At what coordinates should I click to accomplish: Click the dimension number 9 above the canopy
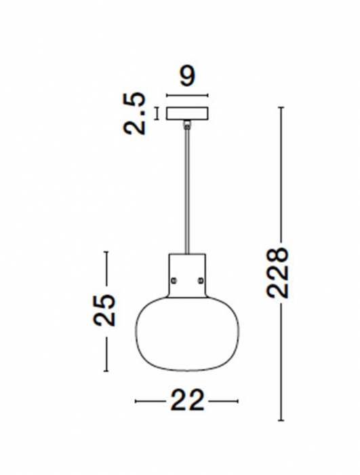[187, 75]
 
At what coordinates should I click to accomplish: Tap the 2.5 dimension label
[138, 113]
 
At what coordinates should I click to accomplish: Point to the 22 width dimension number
[186, 402]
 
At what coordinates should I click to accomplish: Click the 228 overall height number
[279, 272]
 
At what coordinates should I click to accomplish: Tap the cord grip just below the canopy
[187, 124]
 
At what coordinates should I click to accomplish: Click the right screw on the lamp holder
[201, 279]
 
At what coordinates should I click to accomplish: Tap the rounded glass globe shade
[187, 332]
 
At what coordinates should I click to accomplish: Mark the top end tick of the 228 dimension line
[282, 107]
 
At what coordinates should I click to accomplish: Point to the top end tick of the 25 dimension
[106, 252]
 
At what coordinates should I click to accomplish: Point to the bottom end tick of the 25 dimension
[106, 371]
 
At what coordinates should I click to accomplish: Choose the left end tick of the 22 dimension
[136, 402]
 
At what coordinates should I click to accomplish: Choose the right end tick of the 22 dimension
[239, 402]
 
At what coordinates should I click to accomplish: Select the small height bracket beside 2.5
[157, 113]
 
